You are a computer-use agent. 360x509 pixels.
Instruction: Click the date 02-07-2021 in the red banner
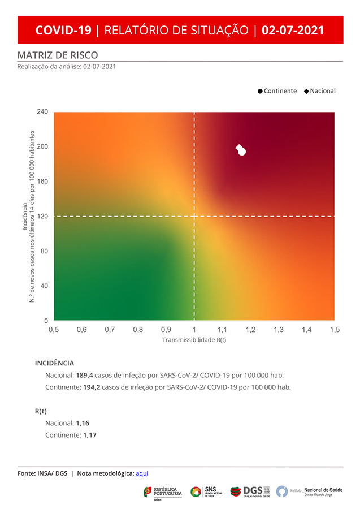tap(293, 30)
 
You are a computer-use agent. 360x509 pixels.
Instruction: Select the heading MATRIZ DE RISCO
tap(58, 55)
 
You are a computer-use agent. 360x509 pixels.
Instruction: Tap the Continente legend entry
tap(277, 91)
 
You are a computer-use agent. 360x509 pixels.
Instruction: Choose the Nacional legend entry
tap(320, 91)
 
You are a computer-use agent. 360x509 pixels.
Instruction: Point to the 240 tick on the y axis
tap(42, 112)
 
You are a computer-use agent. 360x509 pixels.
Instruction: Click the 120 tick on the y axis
tap(42, 216)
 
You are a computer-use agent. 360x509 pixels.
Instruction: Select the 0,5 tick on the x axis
tap(54, 329)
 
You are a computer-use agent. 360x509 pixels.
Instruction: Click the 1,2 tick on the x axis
tap(250, 329)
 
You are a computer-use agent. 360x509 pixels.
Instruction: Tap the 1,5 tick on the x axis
tap(335, 329)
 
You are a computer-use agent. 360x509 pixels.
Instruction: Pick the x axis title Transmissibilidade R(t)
tap(194, 340)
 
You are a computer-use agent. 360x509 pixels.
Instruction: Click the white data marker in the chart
tap(241, 150)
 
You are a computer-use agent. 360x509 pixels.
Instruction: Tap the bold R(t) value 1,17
tap(90, 435)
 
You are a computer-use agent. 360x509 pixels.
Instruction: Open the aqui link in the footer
tap(142, 473)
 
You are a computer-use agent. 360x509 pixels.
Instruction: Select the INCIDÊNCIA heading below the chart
tap(54, 363)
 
